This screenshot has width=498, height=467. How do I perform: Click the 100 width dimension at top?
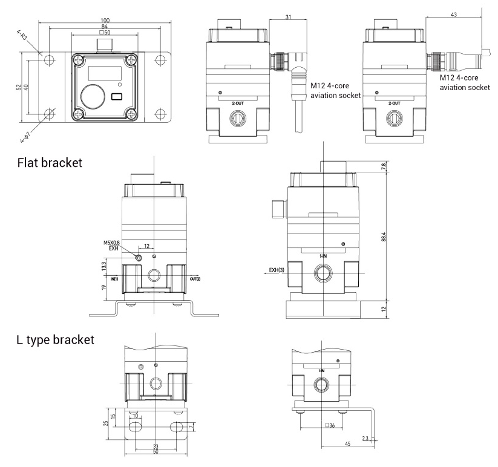(106, 21)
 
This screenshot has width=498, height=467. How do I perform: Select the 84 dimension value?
(106, 27)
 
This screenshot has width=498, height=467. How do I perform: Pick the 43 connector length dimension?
(453, 13)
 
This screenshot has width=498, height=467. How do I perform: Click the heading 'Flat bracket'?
(49, 163)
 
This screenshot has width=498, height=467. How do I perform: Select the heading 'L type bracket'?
(56, 340)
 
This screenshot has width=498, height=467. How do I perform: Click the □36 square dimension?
(329, 425)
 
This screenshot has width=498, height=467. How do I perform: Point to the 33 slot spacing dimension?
(155, 446)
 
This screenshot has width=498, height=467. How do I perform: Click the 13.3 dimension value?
(105, 266)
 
